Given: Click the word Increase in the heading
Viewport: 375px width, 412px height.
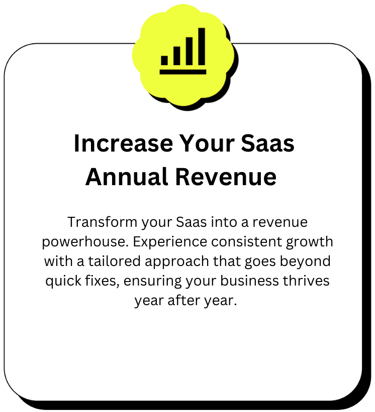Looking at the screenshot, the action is click(x=123, y=144).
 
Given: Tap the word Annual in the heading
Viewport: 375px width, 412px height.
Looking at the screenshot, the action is click(x=127, y=177).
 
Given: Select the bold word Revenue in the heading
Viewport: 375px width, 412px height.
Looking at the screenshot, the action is click(x=226, y=177).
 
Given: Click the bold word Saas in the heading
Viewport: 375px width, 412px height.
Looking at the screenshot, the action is click(x=267, y=144).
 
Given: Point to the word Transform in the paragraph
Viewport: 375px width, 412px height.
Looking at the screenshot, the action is click(x=103, y=222).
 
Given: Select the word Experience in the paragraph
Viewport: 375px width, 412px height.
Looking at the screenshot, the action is click(x=170, y=242).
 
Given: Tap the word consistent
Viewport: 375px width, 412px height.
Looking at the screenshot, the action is click(x=246, y=242).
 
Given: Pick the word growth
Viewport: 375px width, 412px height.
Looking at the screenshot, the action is click(x=310, y=242).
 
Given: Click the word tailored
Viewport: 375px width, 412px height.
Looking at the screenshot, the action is click(x=114, y=261).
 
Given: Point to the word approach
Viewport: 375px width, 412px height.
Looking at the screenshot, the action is click(x=177, y=262).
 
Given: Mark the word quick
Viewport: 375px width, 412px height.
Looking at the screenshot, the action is click(x=63, y=281).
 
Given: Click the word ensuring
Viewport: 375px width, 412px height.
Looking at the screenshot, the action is click(x=152, y=282).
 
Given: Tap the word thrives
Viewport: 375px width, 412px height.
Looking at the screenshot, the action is click(x=306, y=281).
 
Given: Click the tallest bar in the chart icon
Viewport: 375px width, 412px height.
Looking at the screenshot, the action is click(x=202, y=46).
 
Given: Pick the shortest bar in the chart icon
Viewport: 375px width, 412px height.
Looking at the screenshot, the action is click(x=164, y=60).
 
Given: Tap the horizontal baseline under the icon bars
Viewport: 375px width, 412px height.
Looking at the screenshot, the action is click(x=183, y=72).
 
